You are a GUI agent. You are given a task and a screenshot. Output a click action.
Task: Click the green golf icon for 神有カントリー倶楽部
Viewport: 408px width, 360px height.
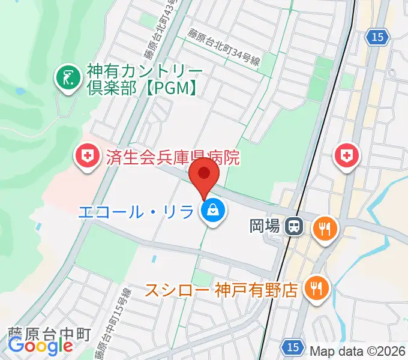click(67, 78)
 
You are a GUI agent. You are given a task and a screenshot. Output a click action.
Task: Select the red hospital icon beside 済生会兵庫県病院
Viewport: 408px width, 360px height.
click(86, 157)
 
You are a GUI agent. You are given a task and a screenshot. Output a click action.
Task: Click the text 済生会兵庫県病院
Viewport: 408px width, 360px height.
click(172, 158)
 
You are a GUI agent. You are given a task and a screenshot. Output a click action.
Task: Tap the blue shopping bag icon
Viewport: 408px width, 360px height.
click(213, 211)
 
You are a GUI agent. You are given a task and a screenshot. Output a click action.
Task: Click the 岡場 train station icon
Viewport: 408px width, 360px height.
click(294, 226)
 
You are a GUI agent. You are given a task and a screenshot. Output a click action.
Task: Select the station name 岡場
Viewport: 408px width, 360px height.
click(265, 227)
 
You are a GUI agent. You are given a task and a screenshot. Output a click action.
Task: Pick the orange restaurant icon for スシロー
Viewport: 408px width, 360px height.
click(315, 289)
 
